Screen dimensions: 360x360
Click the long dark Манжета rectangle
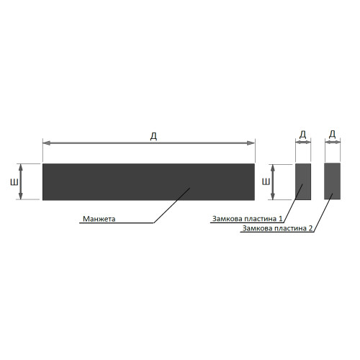click(148, 181)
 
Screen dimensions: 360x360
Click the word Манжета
click(99, 219)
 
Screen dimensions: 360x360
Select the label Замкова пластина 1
click(248, 219)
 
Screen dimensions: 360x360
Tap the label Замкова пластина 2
click(277, 228)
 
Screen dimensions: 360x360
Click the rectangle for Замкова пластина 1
click(303, 181)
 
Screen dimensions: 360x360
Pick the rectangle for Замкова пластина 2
click(333, 181)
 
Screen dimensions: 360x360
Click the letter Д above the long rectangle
click(153, 136)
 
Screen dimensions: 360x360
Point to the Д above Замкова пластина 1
click(303, 135)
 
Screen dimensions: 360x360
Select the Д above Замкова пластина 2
click(333, 135)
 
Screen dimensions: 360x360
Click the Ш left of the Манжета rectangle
click(14, 183)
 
